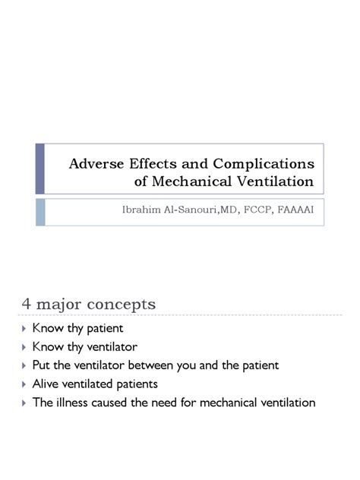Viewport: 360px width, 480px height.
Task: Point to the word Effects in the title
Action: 151,163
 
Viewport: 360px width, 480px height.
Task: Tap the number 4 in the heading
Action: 25,305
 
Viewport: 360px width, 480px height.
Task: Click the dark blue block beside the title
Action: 40,169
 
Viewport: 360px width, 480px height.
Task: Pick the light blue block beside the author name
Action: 40,211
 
